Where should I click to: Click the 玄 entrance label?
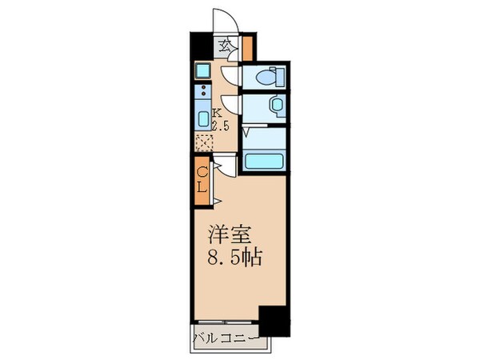tap(227, 46)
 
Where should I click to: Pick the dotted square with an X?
tap(204, 142)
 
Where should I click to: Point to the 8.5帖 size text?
tap(232, 260)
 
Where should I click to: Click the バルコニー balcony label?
tap(225, 338)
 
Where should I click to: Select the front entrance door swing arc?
tap(224, 20)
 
